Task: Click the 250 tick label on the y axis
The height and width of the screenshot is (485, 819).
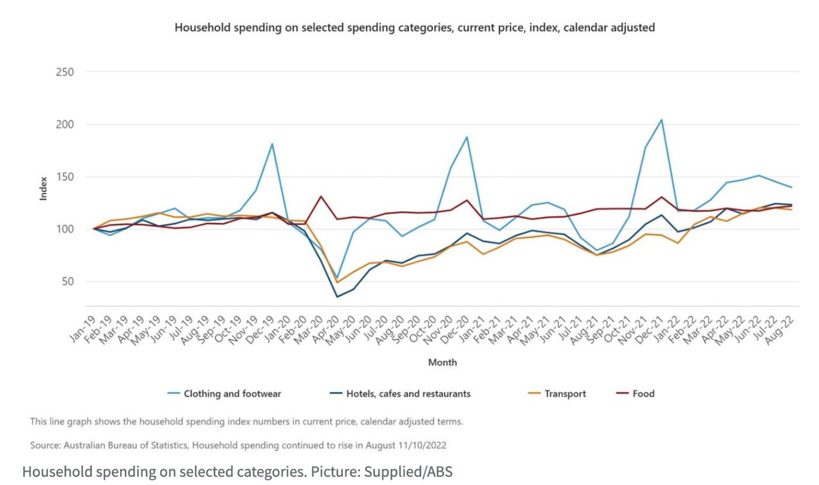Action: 65,72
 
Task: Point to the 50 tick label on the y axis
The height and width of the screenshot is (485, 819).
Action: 68,281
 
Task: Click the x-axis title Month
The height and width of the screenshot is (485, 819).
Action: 442,362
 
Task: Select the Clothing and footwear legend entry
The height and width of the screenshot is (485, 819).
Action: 232,394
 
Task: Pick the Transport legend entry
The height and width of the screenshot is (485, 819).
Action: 565,394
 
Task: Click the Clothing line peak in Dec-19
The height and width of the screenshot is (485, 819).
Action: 272,143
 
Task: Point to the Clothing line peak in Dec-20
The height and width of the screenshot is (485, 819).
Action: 467,137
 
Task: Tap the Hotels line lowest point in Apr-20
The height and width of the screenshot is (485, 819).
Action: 337,297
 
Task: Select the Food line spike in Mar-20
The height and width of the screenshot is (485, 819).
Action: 321,196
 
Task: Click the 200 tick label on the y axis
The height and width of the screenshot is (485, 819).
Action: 65,125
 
